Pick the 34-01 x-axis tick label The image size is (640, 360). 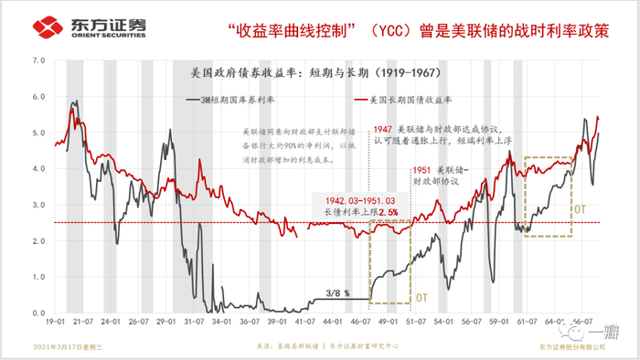[220, 323]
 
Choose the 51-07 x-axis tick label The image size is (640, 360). [417, 323]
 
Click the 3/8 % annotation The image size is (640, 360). [336, 292]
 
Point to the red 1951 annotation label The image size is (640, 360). [421, 171]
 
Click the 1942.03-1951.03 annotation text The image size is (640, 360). [353, 199]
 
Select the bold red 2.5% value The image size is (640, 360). [390, 212]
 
